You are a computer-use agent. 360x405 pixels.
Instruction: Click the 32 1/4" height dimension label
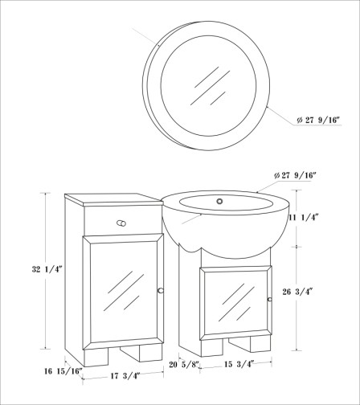click(47, 269)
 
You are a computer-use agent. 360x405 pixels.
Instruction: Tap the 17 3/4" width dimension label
click(125, 376)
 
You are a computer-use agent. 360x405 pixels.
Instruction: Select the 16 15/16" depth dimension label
click(63, 371)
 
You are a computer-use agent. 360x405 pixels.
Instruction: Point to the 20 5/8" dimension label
click(185, 364)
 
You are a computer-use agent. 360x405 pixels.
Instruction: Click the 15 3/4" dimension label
click(239, 364)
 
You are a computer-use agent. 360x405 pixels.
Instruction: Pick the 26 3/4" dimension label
click(297, 292)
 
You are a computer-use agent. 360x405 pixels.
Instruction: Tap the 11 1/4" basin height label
click(303, 217)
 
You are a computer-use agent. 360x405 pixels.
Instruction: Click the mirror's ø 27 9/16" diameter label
click(318, 120)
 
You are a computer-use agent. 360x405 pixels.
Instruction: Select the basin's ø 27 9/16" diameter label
click(296, 175)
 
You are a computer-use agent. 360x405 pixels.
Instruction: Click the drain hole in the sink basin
click(219, 201)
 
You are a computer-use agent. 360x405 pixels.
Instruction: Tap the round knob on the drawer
click(121, 223)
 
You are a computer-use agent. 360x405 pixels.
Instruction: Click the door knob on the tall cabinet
click(161, 291)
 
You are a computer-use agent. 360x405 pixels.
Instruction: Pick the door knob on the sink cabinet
click(269, 299)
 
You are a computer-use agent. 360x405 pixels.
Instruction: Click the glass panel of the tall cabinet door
click(124, 292)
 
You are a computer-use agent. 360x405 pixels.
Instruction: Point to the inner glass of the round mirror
click(208, 85)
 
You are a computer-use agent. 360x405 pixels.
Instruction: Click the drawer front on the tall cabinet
click(123, 221)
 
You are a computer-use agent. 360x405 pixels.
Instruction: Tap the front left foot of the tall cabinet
click(96, 358)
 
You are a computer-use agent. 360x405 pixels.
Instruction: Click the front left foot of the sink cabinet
click(211, 348)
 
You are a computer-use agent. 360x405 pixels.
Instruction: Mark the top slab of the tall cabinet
click(114, 199)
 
